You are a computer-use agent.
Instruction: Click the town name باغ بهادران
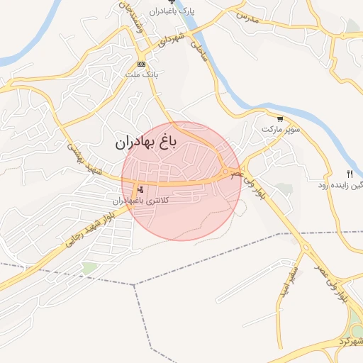tap(146, 142)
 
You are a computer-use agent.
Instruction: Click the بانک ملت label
tap(140, 74)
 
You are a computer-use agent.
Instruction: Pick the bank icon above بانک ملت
tap(141, 64)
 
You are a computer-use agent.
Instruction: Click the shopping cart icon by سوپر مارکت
tap(280, 119)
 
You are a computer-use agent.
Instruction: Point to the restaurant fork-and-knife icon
tap(350, 174)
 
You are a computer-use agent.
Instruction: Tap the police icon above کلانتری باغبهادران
tap(140, 189)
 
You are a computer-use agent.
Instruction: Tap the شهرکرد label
tap(350, 343)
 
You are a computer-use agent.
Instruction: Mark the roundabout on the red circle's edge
tap(225, 172)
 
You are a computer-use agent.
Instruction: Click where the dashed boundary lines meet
tap(134, 285)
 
